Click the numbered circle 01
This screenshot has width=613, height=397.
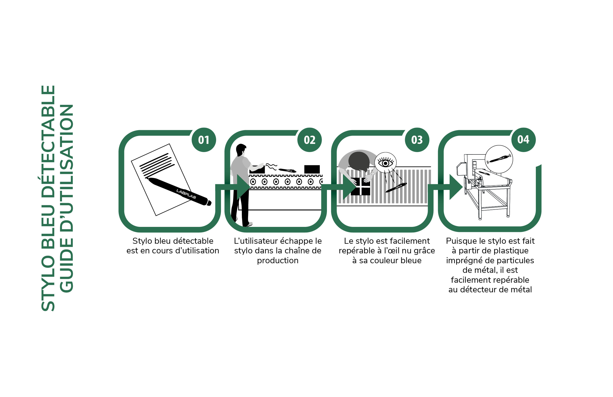click(204, 140)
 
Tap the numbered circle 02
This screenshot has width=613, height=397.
click(310, 140)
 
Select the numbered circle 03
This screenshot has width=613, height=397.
click(417, 140)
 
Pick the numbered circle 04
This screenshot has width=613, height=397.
click(524, 140)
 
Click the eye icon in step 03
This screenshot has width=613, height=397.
click(385, 163)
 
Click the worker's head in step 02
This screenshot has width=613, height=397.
click(241, 149)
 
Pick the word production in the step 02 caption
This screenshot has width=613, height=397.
click(278, 261)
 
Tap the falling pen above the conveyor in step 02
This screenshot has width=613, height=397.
click(287, 170)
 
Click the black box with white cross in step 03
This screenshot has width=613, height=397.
click(361, 186)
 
